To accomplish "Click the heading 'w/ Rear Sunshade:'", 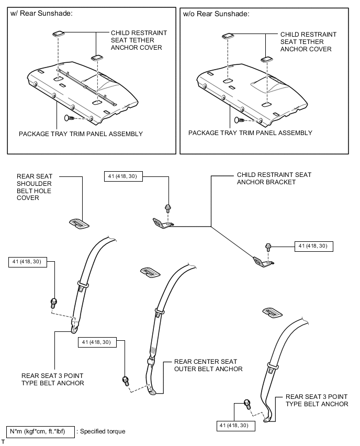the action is click(x=41, y=13).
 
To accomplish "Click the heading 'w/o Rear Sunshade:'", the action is click(x=216, y=14).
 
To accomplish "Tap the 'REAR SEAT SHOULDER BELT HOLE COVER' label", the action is click(x=34, y=187).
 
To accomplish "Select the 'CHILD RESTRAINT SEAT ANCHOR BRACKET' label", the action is click(x=274, y=179).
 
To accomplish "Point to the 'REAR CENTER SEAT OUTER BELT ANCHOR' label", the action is click(x=208, y=365).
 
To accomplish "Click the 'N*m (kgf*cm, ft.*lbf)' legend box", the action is click(x=40, y=431).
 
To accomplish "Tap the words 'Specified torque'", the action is click(x=103, y=431).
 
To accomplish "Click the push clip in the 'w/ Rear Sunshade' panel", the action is click(x=69, y=118).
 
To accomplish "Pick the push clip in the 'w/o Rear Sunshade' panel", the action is click(x=239, y=120).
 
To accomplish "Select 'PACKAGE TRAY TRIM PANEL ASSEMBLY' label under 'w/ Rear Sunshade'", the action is click(x=81, y=134).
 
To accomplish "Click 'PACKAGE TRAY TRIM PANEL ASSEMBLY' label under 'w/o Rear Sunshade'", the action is click(x=250, y=133).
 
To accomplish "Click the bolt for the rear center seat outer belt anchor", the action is click(x=126, y=381).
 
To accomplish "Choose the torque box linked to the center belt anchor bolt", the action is click(x=97, y=342).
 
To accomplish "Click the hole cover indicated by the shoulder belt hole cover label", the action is click(x=80, y=224).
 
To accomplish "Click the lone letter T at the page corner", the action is click(x=3, y=442).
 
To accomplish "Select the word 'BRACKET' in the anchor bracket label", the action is click(x=280, y=182).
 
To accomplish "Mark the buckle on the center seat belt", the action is click(x=151, y=362).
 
